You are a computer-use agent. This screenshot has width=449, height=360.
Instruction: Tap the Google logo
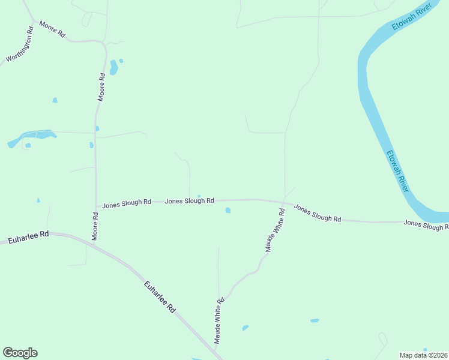pos(20,353)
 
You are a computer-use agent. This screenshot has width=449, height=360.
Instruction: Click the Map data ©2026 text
pos(423,355)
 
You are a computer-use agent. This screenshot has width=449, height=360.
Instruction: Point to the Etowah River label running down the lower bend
pos(397,170)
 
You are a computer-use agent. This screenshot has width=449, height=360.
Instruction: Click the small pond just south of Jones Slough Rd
pos(228,210)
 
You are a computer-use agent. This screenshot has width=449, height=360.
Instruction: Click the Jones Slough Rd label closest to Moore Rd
pos(126,203)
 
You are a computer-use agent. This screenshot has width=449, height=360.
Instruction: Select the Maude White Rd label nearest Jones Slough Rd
pos(274,230)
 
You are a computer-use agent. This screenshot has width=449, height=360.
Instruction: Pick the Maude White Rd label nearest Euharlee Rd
pos(219,320)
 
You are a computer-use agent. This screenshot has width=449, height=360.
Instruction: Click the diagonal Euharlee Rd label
pos(160,296)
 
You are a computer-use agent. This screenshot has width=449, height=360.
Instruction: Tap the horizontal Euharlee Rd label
pos(28,238)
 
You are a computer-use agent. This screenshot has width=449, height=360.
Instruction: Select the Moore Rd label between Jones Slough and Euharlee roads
pos(95,226)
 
